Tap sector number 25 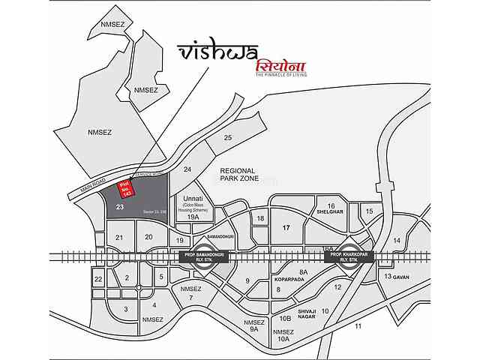pos(228,137)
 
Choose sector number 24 pos(187,169)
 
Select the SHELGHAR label pos(330,211)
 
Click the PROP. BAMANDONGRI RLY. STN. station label pos(205,256)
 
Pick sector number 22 pos(98,279)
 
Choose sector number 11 pos(358,326)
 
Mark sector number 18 pos(261,218)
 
